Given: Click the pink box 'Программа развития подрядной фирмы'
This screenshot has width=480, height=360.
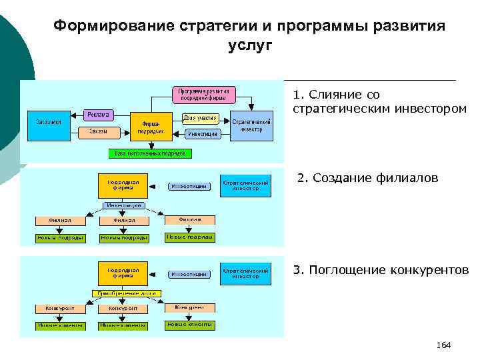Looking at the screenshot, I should coord(204,94).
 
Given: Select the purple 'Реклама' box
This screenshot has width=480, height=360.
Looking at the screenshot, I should coord(99,114).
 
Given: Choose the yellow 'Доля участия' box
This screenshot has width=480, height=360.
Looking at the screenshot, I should coord(201,117).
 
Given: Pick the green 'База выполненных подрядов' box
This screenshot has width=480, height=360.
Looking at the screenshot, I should coord(150,153).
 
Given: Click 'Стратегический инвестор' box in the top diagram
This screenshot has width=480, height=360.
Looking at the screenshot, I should coord(251,126).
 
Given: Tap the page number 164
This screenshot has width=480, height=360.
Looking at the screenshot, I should coord(443,345).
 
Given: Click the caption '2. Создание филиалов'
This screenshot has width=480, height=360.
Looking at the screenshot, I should coord(368,178).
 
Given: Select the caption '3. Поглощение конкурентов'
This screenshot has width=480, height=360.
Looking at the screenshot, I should coord(381,270).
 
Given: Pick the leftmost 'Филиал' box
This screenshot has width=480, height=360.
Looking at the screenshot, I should coord(60,220).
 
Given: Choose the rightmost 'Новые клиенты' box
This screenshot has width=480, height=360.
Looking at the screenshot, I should coord(189,325).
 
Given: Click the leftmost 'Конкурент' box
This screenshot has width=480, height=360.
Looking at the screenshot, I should coord(60,309).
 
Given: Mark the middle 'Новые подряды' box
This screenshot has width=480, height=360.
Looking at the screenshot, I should coord(125,237).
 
